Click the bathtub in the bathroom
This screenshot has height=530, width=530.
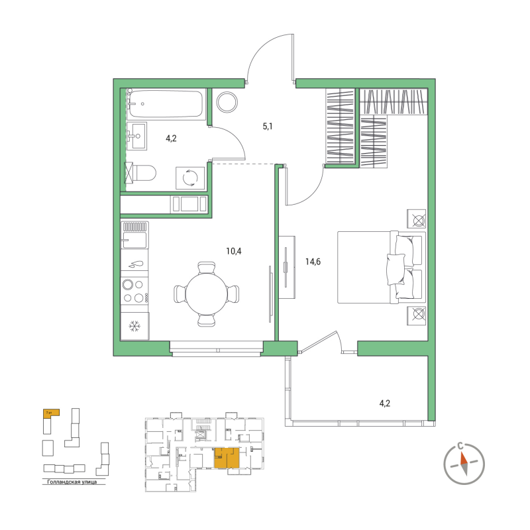point(166,104)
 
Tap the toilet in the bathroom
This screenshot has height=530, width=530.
point(141,174)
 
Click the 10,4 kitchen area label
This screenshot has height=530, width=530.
point(234,251)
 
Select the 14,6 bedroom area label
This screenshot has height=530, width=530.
point(313,262)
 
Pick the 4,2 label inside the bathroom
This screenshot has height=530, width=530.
point(171,138)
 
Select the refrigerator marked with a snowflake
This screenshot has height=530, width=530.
point(135,326)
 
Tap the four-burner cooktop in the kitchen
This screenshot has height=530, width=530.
point(134,291)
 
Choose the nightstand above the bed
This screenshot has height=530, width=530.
point(417,219)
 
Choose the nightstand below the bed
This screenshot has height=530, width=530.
point(417,315)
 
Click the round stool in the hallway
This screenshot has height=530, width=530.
point(227,101)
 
